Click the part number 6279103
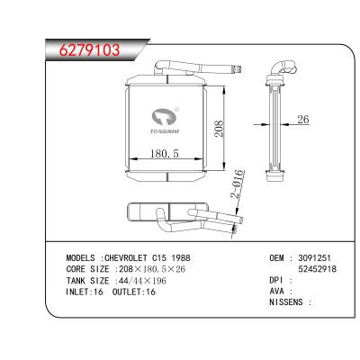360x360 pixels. point(83,49)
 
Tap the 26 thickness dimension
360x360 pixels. point(301,120)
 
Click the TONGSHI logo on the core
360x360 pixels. point(165,118)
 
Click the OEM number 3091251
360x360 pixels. point(316,257)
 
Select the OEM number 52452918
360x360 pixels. point(318,268)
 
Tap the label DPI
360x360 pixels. point(277,279)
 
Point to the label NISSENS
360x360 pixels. point(287,301)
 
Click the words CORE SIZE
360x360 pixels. point(87,268)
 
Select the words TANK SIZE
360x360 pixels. point(87,279)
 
